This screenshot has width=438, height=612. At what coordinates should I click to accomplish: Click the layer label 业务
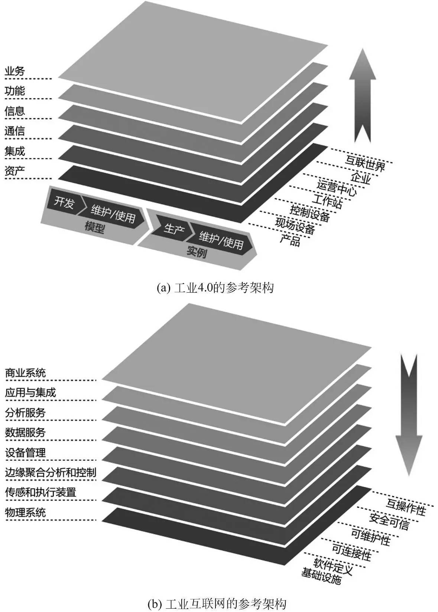pyautogui.click(x=14, y=71)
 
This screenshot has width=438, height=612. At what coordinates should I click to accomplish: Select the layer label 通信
pyautogui.click(x=14, y=131)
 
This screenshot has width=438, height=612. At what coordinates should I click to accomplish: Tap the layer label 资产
pyautogui.click(x=14, y=171)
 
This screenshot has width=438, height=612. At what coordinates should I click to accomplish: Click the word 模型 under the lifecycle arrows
pyautogui.click(x=94, y=227)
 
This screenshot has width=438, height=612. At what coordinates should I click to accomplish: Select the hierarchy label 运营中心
pyautogui.click(x=337, y=187)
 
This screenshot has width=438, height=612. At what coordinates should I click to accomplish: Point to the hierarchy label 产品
pyautogui.click(x=290, y=240)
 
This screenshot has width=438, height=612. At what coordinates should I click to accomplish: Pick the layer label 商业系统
pyautogui.click(x=25, y=373)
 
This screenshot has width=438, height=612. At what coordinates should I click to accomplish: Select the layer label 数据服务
pyautogui.click(x=25, y=433)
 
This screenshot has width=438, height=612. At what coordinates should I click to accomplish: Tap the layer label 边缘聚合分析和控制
pyautogui.click(x=51, y=473)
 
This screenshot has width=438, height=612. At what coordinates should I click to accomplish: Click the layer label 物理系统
pyautogui.click(x=25, y=513)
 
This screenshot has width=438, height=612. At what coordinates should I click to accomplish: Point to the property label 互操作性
pyautogui.click(x=405, y=508)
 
